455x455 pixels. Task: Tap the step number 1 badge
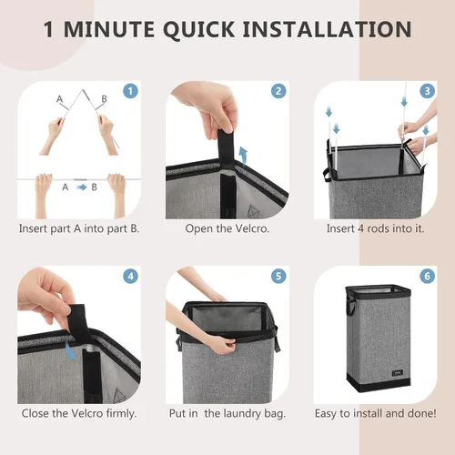pos(130,91)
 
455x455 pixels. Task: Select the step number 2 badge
pos(278,91)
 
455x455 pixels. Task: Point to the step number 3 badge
pos(426,91)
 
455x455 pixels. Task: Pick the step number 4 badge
pos(130,276)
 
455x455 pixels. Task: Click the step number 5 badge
pos(278,276)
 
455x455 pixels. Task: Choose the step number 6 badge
pos(426,276)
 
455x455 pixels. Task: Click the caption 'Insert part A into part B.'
pos(79,227)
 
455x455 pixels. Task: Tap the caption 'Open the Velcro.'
pos(227,227)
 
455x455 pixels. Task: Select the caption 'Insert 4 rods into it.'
pos(375,227)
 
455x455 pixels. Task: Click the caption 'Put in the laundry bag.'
pos(227,414)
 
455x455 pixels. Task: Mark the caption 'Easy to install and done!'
pos(375,414)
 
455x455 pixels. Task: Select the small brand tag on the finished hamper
pos(396,369)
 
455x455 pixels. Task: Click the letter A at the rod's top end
pos(60,97)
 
